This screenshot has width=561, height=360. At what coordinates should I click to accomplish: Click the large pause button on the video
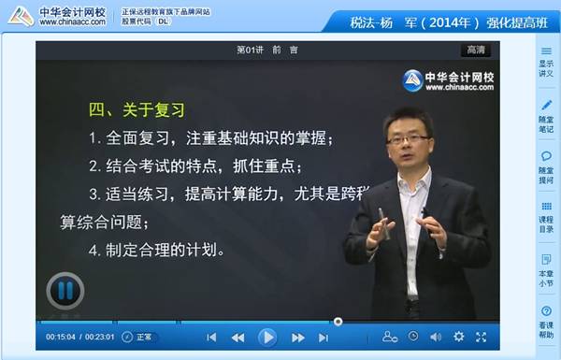point(65,290)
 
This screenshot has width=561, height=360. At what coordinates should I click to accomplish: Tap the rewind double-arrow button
point(237,337)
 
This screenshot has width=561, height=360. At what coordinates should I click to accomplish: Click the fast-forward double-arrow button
point(297,337)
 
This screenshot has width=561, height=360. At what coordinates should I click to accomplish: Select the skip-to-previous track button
point(211,337)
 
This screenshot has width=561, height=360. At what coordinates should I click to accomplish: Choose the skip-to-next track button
point(324,337)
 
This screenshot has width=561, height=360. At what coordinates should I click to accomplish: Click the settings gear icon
point(458,337)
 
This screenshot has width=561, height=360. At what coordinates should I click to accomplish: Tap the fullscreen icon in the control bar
point(481,337)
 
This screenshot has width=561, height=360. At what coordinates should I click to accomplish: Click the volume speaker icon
point(435,337)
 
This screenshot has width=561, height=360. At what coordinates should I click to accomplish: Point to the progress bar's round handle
point(338,321)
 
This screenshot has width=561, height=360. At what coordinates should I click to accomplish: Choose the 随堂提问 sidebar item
point(545,165)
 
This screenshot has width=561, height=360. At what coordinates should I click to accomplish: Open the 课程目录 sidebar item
point(545,216)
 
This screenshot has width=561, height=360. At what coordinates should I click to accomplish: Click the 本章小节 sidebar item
point(545,266)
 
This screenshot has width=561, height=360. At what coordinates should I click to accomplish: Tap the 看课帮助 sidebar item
point(545,319)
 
